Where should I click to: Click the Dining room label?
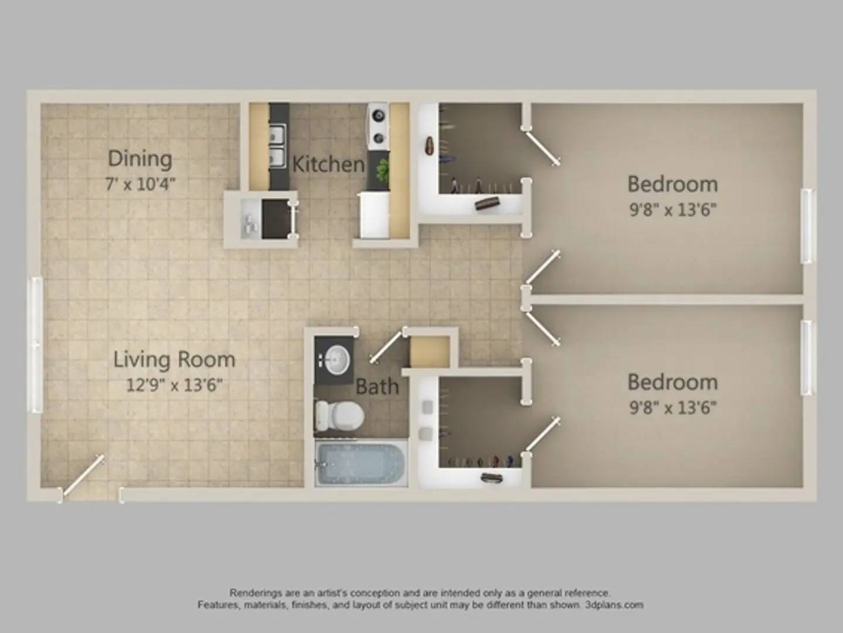(x=140, y=159)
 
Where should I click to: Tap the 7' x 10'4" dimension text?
(x=141, y=185)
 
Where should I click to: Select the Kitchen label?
(x=328, y=164)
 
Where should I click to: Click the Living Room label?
(x=174, y=360)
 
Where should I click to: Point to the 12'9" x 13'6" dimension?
(x=175, y=385)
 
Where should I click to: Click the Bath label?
(x=377, y=386)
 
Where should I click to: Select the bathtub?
(x=361, y=464)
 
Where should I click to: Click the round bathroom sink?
(x=338, y=360)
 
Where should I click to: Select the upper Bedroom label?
(x=672, y=184)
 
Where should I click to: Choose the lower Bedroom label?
(x=672, y=382)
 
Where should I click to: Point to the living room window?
(x=38, y=345)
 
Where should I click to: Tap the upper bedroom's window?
(x=807, y=226)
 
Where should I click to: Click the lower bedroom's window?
(x=807, y=358)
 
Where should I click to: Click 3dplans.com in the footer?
(x=614, y=605)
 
